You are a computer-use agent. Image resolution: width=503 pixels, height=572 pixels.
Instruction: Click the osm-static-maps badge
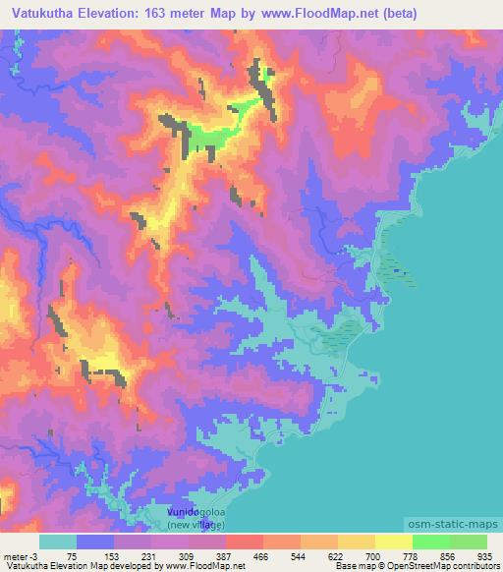pyautogui.click(x=450, y=520)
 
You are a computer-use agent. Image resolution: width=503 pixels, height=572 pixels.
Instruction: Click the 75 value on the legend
pyautogui.click(x=72, y=554)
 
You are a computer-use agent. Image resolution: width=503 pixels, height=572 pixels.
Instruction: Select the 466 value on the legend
pyautogui.click(x=262, y=554)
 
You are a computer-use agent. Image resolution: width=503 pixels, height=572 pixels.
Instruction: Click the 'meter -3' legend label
pyautogui.click(x=21, y=554)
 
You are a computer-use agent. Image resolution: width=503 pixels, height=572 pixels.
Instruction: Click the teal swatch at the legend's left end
pyautogui.click(x=58, y=542)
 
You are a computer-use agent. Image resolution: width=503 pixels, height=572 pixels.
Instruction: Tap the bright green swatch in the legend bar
pyautogui.click(x=430, y=542)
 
